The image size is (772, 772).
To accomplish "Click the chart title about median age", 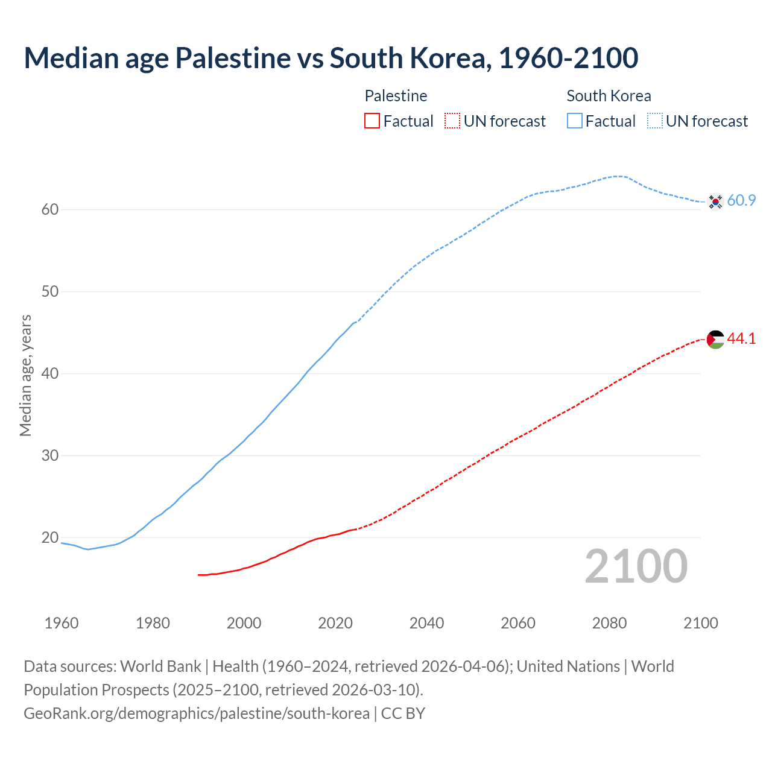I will click(x=331, y=58).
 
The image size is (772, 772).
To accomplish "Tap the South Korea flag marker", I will click(x=715, y=201).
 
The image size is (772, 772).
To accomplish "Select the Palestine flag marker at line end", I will click(x=715, y=340).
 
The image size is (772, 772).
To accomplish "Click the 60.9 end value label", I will click(x=741, y=201).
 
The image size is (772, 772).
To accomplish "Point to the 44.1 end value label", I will click(x=741, y=339).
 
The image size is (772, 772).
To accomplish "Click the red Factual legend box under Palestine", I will click(x=372, y=121).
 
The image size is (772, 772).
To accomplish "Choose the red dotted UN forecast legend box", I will click(x=452, y=121).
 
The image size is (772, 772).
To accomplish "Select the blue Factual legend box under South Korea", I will click(x=575, y=121).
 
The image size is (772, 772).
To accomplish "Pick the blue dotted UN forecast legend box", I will click(x=655, y=121).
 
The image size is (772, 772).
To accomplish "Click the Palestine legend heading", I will click(x=396, y=96).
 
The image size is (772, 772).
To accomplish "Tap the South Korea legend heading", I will click(x=609, y=96).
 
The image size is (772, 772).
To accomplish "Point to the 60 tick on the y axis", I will click(x=50, y=210).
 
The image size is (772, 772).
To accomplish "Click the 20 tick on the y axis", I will click(x=50, y=537).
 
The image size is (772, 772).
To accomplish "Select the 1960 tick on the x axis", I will click(x=62, y=623).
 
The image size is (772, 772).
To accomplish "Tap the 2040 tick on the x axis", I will click(x=426, y=623).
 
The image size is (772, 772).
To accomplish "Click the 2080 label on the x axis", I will click(x=609, y=623).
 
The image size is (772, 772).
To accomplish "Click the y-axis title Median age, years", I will click(x=25, y=375).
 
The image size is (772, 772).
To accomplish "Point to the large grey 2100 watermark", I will click(x=636, y=566).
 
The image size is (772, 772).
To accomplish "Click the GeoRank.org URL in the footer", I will click(x=196, y=713).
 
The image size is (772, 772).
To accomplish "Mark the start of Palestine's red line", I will click(x=199, y=575).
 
